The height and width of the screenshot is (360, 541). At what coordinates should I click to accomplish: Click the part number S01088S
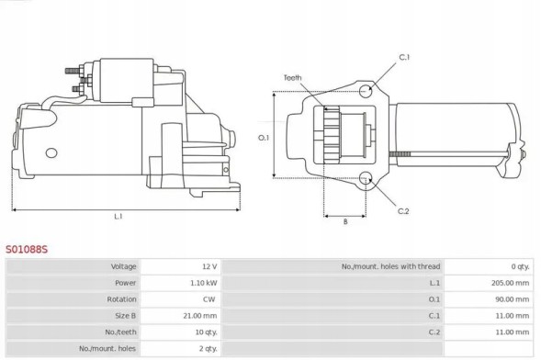pyautogui.click(x=28, y=248)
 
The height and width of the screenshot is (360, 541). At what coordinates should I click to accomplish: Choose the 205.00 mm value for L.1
pyautogui.click(x=511, y=283)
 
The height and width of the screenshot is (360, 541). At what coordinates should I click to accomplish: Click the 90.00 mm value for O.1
pyautogui.click(x=513, y=298)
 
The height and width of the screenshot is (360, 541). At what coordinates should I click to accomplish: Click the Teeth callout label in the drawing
pyautogui.click(x=293, y=77)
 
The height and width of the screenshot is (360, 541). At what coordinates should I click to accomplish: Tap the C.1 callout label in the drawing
pyautogui.click(x=404, y=57)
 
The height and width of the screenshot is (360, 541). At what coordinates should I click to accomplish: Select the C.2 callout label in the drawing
pyautogui.click(x=403, y=211)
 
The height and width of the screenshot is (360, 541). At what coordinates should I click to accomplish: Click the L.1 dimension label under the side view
pyautogui.click(x=118, y=218)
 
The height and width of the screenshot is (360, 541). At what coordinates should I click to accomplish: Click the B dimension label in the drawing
pyautogui.click(x=344, y=221)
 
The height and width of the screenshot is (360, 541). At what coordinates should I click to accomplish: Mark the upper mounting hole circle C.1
pyautogui.click(x=366, y=90)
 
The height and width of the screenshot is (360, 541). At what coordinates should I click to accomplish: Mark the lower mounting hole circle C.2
pyautogui.click(x=366, y=179)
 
